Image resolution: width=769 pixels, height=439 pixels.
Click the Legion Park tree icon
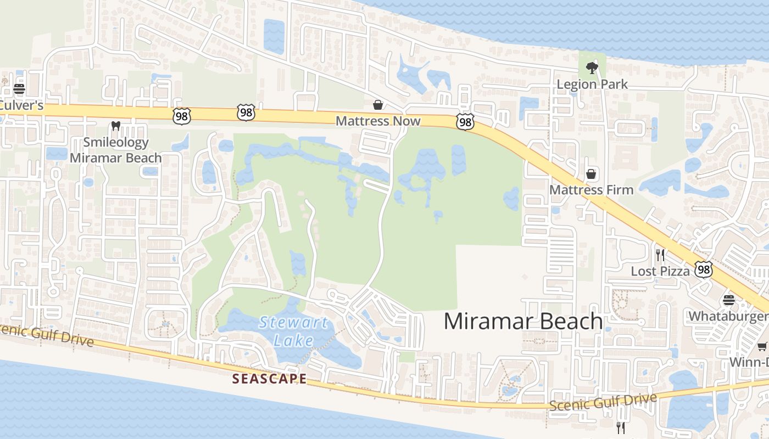pyautogui.click(x=592, y=68)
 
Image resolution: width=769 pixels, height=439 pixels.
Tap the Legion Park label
pyautogui.click(x=592, y=85)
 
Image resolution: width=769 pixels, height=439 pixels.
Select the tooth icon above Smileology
pyautogui.click(x=115, y=126)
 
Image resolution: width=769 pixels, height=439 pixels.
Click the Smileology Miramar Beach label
pyautogui.click(x=115, y=150)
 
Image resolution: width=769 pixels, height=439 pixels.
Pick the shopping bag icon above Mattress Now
pyautogui.click(x=378, y=104)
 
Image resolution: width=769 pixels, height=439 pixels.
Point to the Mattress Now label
pyautogui.click(x=378, y=121)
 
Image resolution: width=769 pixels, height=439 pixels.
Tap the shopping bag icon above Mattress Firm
pyautogui.click(x=591, y=174)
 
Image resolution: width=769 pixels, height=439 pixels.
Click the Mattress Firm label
pyautogui.click(x=591, y=190)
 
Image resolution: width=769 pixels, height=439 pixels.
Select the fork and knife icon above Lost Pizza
pyautogui.click(x=660, y=255)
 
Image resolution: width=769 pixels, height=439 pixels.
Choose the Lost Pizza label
pyautogui.click(x=660, y=271)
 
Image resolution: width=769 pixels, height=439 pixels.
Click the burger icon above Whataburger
pyautogui.click(x=729, y=300)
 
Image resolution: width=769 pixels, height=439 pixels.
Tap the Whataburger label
pyautogui.click(x=728, y=316)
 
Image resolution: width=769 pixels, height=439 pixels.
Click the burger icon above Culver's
pyautogui.click(x=19, y=88)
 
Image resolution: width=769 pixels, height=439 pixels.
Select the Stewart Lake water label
pyautogui.click(x=294, y=331)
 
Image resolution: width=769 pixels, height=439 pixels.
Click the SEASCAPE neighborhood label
pyautogui.click(x=269, y=379)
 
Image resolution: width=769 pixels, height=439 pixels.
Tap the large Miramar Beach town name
pyautogui.click(x=523, y=321)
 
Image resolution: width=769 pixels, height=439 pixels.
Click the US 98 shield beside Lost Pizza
pyautogui.click(x=704, y=269)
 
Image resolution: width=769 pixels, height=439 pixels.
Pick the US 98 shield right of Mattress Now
pyautogui.click(x=465, y=122)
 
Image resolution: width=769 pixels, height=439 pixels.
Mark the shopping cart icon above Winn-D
pyautogui.click(x=762, y=346)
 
